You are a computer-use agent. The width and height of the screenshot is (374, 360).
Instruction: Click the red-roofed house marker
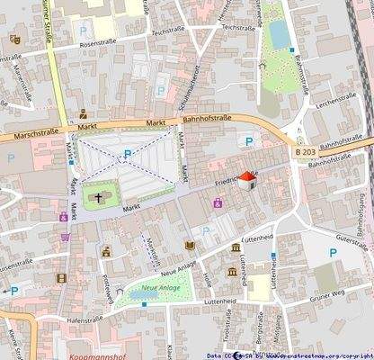pyautogui.click(x=249, y=180)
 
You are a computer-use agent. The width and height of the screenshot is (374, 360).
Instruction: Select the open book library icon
pyautogui.click(x=190, y=245)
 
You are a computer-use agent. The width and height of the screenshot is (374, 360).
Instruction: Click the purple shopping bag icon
pyautogui.click(x=217, y=204)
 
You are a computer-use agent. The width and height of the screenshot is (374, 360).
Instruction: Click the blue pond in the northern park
pyautogui.click(x=279, y=34)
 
